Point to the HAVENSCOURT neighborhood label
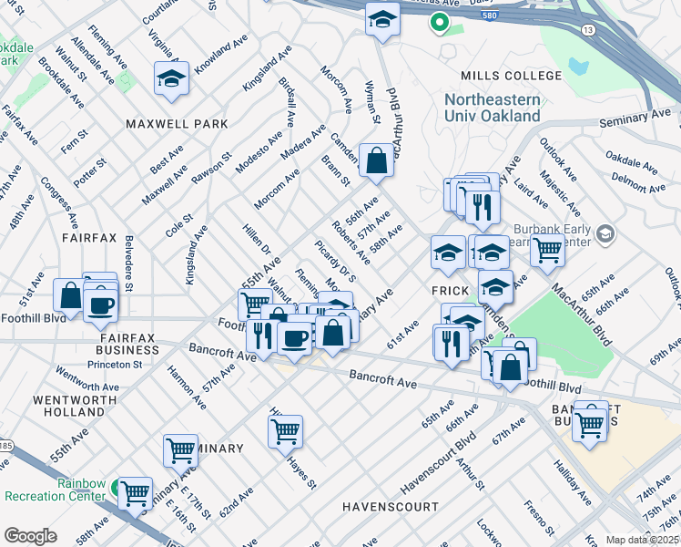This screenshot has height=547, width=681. coord(390,505)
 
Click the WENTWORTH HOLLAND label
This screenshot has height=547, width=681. coord(75,406)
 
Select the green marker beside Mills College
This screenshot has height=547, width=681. coord(441,23)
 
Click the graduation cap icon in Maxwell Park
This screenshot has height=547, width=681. coord(171,79)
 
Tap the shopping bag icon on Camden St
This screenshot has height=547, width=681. coord(376,161)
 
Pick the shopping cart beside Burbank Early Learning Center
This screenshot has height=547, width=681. coord(547,248)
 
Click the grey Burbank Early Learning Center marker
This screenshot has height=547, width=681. coord(603,235)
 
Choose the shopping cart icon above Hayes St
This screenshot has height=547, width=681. coord(286,429)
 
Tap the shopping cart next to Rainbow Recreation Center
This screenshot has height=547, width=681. coord(136,493)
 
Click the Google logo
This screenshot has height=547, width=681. coord(30,536)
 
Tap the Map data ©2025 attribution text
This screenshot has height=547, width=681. coord(642,540)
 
